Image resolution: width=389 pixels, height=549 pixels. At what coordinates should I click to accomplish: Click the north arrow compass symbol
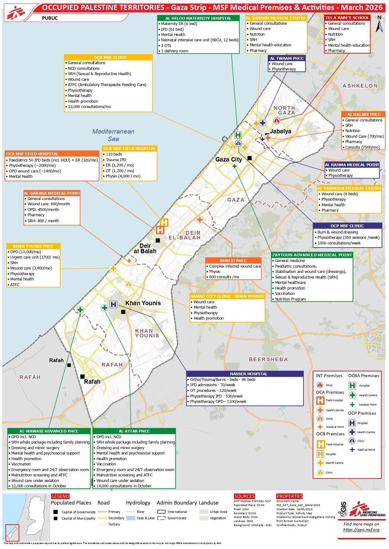379,24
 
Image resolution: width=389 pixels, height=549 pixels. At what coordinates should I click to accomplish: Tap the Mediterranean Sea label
113,135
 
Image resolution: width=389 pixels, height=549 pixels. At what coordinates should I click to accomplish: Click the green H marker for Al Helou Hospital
238,135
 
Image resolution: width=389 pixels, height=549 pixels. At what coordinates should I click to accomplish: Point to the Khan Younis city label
143,303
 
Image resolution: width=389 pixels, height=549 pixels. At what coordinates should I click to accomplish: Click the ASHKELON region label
360,86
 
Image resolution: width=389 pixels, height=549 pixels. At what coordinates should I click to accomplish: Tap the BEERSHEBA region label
268,359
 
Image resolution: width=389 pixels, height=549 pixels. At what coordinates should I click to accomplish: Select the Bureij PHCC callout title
233,260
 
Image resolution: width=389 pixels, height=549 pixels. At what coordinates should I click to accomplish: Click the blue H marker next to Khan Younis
113,304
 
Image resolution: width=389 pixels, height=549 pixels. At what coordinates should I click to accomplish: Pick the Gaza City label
229,159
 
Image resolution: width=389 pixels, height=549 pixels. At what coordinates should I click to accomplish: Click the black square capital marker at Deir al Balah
158,240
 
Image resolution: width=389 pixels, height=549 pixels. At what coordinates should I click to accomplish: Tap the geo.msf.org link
361,530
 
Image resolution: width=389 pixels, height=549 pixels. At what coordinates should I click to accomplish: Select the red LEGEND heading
60,496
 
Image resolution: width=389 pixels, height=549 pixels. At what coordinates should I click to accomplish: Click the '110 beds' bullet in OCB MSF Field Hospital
114,154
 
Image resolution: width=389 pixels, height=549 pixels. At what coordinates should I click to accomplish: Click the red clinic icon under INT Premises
320,385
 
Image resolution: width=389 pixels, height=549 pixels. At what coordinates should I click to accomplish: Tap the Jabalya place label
281,131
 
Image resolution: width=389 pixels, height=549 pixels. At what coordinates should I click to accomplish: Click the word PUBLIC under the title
50,18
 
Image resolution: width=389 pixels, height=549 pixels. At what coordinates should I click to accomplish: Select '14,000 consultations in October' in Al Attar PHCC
124,486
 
